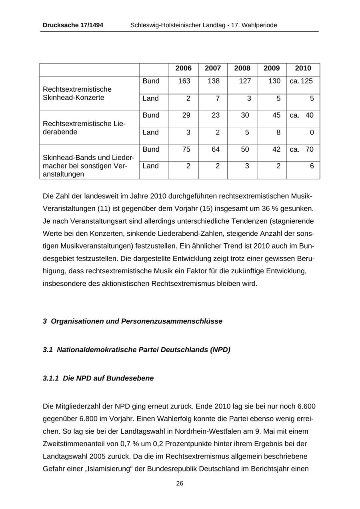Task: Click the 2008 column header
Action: pos(242,68)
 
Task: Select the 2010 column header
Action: pos(303,68)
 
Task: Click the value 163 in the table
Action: pos(184,81)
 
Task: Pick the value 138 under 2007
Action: pos(214,81)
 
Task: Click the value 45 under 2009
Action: pos(274,115)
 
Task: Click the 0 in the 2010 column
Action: pos(312,132)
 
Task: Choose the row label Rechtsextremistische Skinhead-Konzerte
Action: pos(77,93)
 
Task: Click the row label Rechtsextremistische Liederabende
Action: pos(84,128)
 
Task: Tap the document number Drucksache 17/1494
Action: pos(73,25)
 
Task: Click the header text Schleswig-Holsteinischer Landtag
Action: pos(178,25)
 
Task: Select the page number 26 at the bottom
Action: pos(180,483)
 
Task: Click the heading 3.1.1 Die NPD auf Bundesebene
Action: pos(98,378)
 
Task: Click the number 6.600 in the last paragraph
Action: pos(306,407)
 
